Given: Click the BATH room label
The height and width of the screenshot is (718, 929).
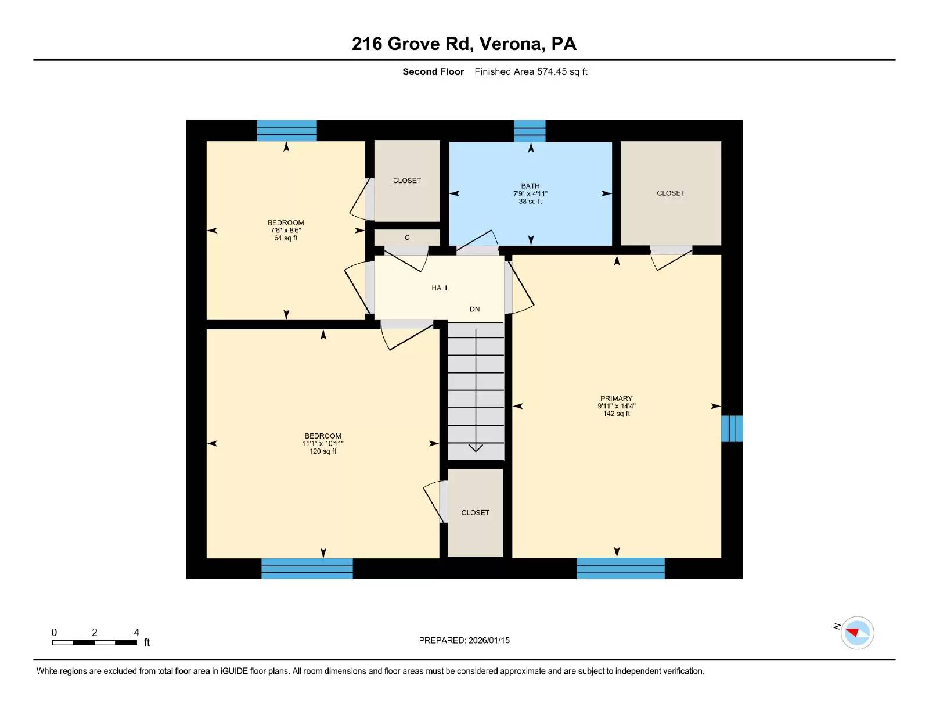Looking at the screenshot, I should tap(530, 186).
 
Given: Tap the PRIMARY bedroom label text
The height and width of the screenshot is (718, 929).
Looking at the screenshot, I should tap(616, 399).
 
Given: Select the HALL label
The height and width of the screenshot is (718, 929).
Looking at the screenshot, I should tap(440, 288).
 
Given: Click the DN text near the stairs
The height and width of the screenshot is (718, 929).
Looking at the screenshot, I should tap(474, 309).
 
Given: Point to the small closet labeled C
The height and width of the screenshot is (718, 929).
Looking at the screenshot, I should tap(407, 238).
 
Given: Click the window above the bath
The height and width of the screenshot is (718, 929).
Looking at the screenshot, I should tap(530, 131).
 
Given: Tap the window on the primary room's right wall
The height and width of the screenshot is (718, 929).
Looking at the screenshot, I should tap(732, 429).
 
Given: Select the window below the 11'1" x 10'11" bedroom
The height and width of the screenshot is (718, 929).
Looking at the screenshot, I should tap(307, 568).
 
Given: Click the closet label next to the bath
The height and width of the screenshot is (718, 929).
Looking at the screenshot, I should tap(671, 193).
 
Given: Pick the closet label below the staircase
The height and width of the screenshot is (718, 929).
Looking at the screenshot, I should tap(475, 512).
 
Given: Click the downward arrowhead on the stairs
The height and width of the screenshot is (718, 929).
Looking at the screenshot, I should tap(476, 447).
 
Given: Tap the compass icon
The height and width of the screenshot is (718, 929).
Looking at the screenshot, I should tap(857, 633).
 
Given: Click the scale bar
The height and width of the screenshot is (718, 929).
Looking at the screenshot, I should tap(95, 642).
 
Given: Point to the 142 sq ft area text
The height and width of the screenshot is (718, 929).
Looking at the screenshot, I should tap(616, 414).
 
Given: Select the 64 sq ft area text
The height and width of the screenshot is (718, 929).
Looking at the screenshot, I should tap(286, 238).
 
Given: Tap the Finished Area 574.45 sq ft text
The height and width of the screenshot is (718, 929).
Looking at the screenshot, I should tap(531, 72).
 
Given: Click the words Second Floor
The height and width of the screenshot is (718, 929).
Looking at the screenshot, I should tap(433, 72).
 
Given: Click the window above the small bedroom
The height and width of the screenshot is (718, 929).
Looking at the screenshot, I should tap(287, 131).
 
